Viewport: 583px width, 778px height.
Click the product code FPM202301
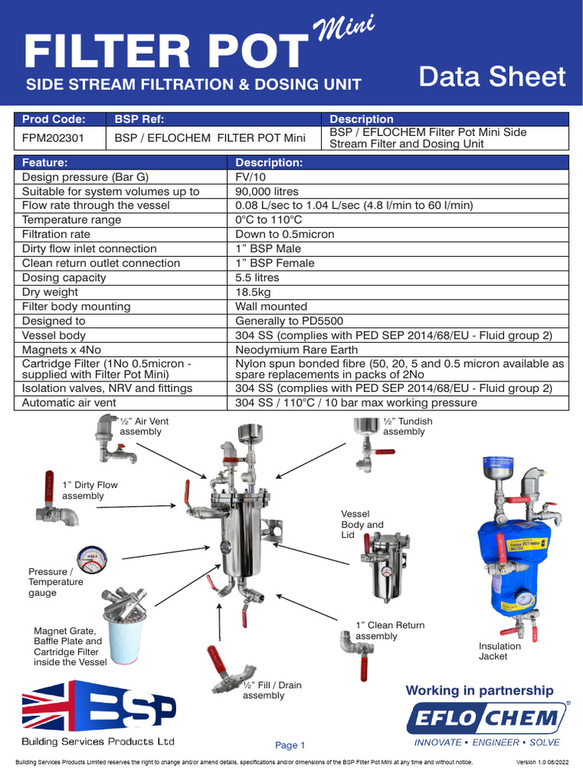(53, 138)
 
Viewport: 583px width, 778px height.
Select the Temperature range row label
(71, 220)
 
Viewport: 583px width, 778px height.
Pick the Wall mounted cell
(271, 306)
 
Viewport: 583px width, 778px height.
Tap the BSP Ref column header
(139, 119)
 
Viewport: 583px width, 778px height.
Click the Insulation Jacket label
(499, 651)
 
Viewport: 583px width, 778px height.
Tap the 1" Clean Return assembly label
(389, 630)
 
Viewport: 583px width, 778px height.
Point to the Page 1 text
(289, 745)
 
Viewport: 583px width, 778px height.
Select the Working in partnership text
(480, 690)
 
